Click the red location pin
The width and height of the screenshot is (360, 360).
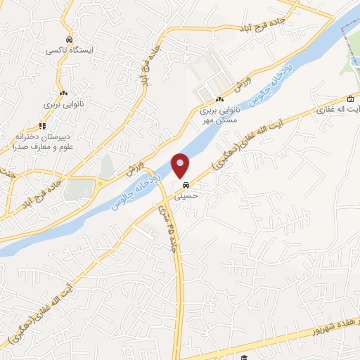pos(181,165)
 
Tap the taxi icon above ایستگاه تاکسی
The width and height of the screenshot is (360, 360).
pos(67,40)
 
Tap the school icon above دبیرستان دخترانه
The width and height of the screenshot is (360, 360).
pos(42,126)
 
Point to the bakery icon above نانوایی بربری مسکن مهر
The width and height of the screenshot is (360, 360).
pos(219,98)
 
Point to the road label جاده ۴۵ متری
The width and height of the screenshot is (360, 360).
pos(173,231)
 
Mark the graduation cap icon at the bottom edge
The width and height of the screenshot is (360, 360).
pos(244,358)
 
